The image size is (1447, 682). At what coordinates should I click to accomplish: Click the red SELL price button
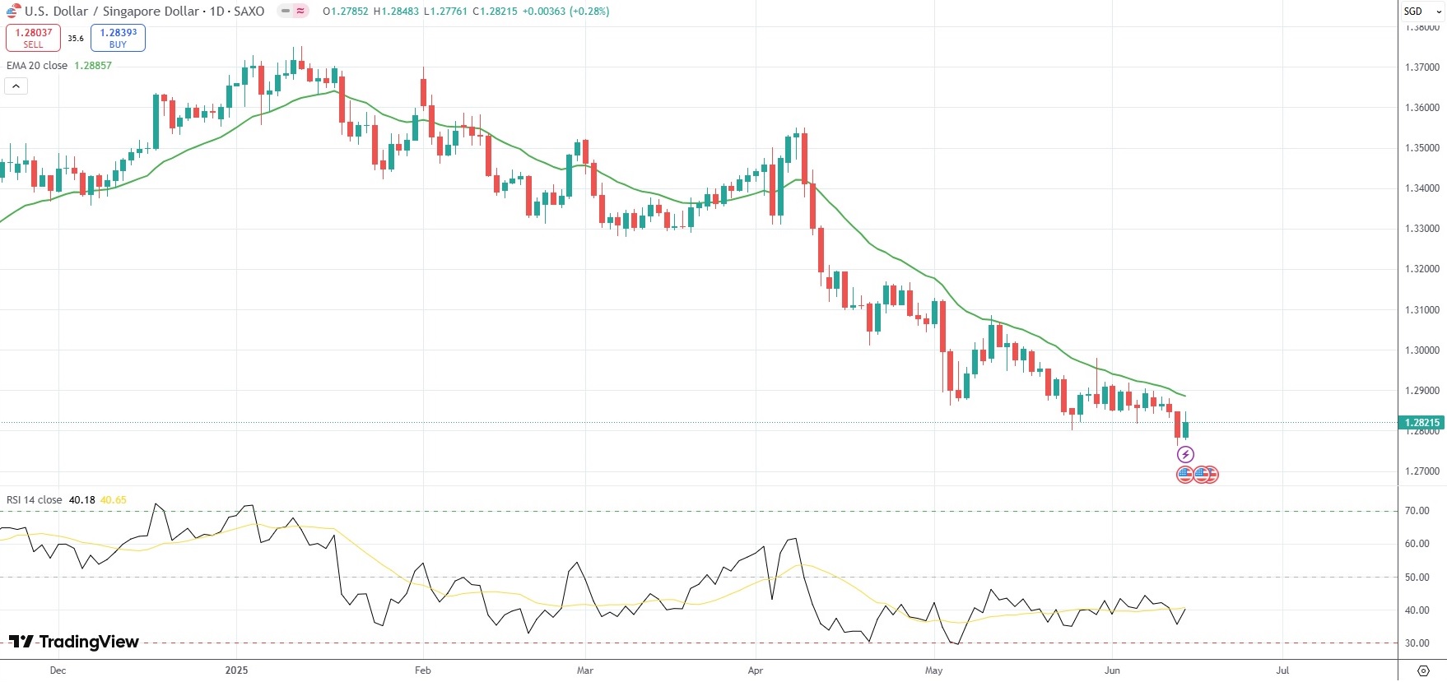click(x=33, y=38)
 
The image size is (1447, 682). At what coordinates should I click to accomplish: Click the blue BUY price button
click(x=118, y=38)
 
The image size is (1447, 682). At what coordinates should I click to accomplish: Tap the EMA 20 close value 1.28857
click(x=93, y=66)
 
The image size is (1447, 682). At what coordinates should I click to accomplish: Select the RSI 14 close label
click(x=35, y=500)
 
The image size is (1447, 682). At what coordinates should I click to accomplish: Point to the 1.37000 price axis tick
click(x=1421, y=67)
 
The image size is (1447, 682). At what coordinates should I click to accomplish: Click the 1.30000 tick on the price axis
click(x=1421, y=350)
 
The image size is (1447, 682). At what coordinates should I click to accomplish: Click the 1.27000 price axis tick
click(x=1421, y=472)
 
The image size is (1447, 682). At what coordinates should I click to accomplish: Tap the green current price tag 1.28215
click(x=1421, y=423)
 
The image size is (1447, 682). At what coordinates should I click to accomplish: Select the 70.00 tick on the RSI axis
click(x=1417, y=511)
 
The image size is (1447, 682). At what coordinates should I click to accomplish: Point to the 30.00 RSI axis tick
click(x=1417, y=643)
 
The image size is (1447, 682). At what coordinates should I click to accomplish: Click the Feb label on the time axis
click(x=423, y=670)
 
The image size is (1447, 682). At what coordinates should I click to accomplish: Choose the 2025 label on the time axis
click(x=236, y=670)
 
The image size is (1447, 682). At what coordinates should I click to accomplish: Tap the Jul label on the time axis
click(x=1282, y=670)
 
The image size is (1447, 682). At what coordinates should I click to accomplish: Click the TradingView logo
click(x=74, y=643)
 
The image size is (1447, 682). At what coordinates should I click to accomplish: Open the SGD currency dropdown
click(x=1421, y=12)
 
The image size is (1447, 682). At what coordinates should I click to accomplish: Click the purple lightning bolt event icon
click(x=1185, y=454)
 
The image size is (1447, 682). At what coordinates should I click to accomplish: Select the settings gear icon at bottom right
click(x=1422, y=670)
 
